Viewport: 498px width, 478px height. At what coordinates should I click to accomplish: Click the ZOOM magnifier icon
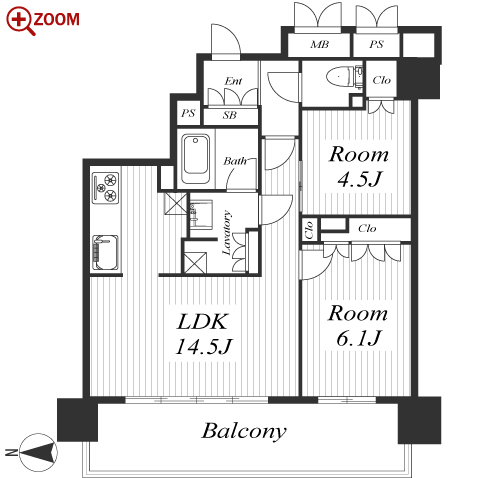click(19, 21)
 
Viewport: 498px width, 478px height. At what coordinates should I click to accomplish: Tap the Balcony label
click(244, 431)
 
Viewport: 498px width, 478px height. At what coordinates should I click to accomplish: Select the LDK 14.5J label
click(203, 334)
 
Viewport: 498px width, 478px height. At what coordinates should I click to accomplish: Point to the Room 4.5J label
click(359, 167)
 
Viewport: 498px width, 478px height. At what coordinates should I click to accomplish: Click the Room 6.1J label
click(358, 326)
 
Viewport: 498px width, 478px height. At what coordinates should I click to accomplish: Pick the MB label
click(319, 44)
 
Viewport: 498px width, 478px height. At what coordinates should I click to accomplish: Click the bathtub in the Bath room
click(196, 159)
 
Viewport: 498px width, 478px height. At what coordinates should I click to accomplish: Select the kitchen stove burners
click(105, 188)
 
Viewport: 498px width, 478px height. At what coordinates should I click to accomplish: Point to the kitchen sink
click(105, 252)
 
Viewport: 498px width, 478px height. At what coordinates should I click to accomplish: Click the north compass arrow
click(38, 453)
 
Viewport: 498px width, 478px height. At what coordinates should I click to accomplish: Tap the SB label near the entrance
click(230, 115)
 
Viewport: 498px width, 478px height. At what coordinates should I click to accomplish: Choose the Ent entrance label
click(233, 81)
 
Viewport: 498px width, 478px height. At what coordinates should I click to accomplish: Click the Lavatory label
click(226, 232)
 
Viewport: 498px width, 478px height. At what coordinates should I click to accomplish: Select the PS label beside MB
click(376, 44)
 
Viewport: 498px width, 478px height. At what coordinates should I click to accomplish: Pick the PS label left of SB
click(188, 113)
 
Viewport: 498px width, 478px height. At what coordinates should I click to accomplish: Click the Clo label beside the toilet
click(381, 80)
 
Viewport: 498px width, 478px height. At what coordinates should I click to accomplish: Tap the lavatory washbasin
click(201, 215)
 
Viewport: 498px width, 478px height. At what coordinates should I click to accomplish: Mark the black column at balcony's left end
click(78, 419)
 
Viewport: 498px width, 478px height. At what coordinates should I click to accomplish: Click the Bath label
click(235, 161)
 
